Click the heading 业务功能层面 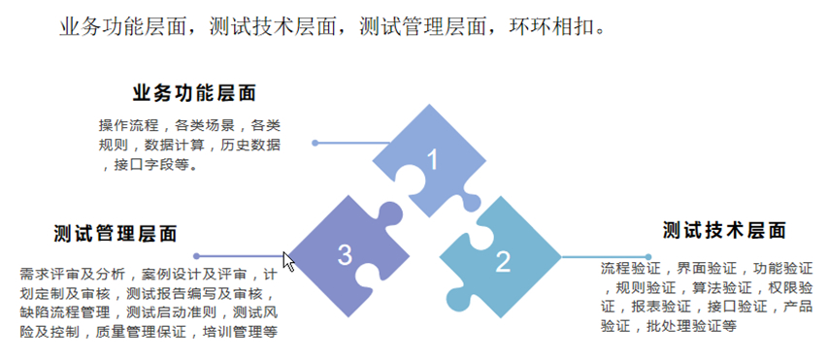(194, 93)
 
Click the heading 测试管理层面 (116, 233)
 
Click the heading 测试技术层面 (724, 231)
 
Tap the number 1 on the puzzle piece (433, 160)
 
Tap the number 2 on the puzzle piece (503, 261)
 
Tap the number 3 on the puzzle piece (345, 255)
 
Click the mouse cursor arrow (288, 262)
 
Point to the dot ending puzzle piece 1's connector (315, 143)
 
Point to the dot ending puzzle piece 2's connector (648, 257)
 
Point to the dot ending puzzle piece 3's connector (197, 256)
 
